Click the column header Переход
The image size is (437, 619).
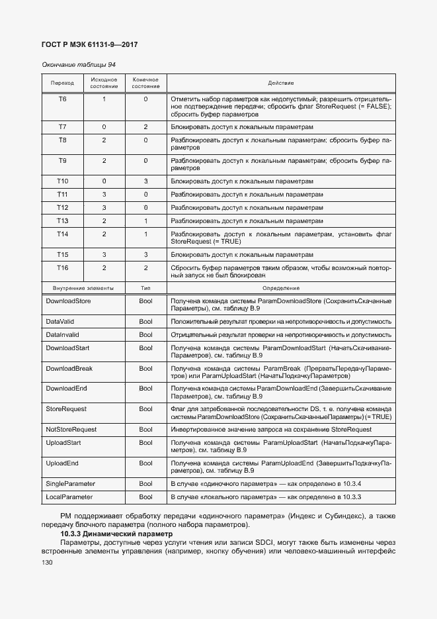click(x=62, y=83)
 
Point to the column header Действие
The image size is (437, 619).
click(x=281, y=83)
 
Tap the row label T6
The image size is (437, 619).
click(x=62, y=99)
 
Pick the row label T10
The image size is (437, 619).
click(x=62, y=181)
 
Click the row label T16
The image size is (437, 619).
click(x=62, y=267)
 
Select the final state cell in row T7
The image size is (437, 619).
click(x=145, y=126)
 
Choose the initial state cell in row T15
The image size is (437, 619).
click(x=104, y=254)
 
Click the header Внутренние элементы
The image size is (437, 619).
click(x=83, y=289)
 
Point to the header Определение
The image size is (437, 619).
click(x=281, y=289)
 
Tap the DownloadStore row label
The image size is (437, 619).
click(x=68, y=301)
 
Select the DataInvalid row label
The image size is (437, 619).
click(x=62, y=335)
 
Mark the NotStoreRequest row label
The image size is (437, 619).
click(x=71, y=430)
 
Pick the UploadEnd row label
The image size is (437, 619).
click(x=62, y=463)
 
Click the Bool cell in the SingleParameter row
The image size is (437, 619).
click(x=145, y=484)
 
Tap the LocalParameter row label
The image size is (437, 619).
click(x=69, y=497)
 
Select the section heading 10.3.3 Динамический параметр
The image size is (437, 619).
click(x=116, y=534)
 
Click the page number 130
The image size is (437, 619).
click(x=46, y=562)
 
